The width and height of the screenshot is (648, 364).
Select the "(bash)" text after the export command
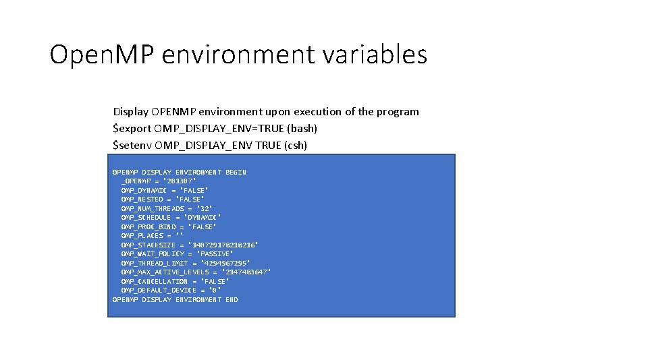coord(302,128)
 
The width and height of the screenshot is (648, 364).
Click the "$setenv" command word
coord(132,145)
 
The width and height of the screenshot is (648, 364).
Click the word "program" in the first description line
coord(399,112)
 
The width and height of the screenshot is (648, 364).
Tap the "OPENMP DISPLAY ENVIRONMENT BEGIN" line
coord(179,173)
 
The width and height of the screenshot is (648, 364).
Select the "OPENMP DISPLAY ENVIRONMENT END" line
coord(175,299)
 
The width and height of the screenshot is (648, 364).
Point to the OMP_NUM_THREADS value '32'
coord(205,208)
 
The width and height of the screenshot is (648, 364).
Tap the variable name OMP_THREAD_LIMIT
coord(155,263)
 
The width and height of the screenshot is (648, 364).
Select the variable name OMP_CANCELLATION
coord(155,281)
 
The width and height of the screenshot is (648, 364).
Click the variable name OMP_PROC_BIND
coord(148,226)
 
